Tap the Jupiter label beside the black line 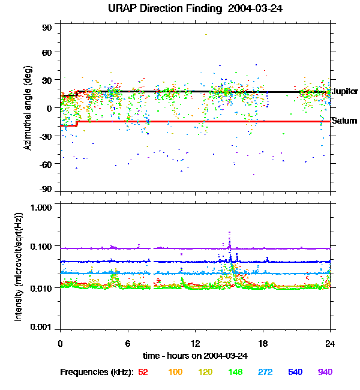coord(344,92)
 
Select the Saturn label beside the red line coord(344,121)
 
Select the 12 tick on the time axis coord(195,343)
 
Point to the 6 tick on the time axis coord(128,343)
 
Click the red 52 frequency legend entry coord(143,373)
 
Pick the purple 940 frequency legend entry coord(325,373)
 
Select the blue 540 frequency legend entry coord(295,373)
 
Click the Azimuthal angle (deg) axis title coord(27,108)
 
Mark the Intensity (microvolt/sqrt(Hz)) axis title coord(19,269)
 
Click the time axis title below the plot coord(195,356)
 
